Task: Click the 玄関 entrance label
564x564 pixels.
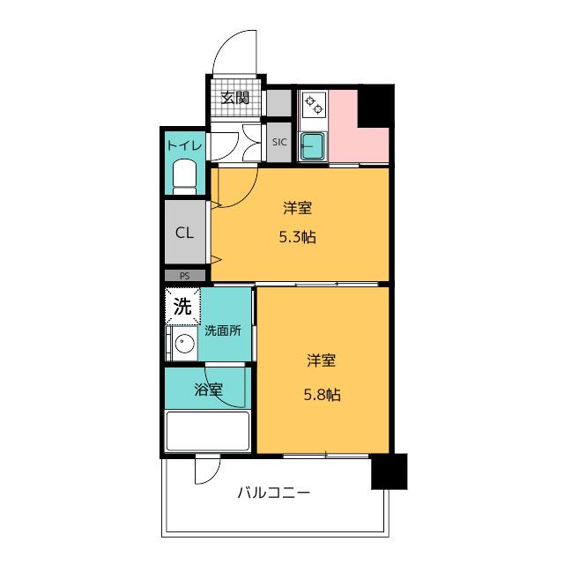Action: tap(234, 98)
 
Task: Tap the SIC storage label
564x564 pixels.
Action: tap(279, 142)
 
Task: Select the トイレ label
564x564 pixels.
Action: tap(184, 145)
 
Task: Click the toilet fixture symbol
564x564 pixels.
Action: tap(184, 176)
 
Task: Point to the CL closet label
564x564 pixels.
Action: tap(184, 233)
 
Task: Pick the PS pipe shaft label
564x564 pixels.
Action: tap(184, 276)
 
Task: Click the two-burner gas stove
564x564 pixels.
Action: tap(314, 104)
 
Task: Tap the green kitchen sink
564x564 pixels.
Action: tap(314, 147)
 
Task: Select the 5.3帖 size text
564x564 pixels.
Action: tap(298, 237)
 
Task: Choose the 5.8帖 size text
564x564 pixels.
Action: tap(323, 395)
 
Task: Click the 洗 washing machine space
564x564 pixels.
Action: tap(182, 307)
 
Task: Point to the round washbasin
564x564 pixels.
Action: tap(184, 343)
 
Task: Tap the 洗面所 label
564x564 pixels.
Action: tap(223, 330)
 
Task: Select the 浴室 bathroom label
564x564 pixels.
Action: tap(208, 390)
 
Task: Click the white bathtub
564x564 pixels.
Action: tap(208, 431)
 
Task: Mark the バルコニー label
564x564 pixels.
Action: tap(274, 493)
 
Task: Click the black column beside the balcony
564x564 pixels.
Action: tap(390, 471)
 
